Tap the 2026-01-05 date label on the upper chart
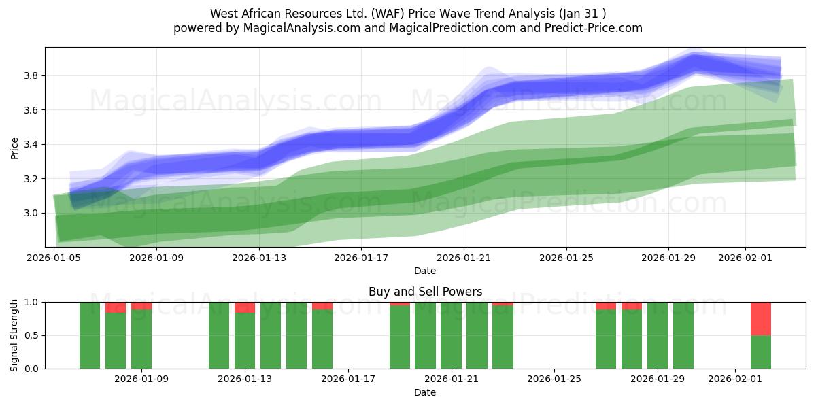click(x=54, y=258)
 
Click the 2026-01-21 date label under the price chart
click(x=463, y=258)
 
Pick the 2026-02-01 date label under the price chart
click(x=745, y=258)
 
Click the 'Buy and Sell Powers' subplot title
click(x=425, y=292)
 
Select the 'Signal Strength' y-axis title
click(x=14, y=335)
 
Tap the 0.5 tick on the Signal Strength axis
click(x=31, y=335)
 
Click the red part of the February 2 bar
click(x=761, y=318)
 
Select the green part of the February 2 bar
click(x=761, y=352)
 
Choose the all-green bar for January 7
click(x=90, y=335)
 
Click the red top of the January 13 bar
click(x=245, y=307)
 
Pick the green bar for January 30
click(x=683, y=335)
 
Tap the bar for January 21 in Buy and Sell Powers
click(x=451, y=335)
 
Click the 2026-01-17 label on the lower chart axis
click(x=347, y=379)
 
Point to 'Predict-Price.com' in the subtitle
click(x=596, y=28)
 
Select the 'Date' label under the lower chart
click(x=425, y=392)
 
